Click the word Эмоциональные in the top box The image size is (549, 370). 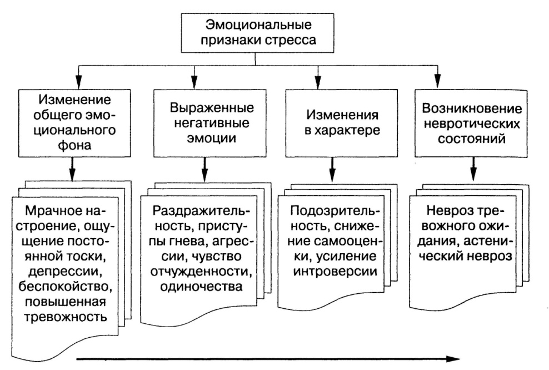coord(258,25)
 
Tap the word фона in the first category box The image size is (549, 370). coord(74,145)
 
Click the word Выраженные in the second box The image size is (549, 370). coord(212,107)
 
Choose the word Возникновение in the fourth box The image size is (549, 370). coord(472,108)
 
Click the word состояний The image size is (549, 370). coord(472,139)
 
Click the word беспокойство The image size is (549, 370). coord(66,287)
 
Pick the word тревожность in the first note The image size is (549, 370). coord(66,317)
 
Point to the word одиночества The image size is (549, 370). coord(201,286)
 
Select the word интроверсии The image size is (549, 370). coord(335,272)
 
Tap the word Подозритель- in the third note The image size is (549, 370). coord(335,211)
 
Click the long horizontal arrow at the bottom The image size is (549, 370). coord(268,359)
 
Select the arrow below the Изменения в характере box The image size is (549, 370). coord(332,169)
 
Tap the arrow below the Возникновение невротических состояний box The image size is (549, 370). coord(473,169)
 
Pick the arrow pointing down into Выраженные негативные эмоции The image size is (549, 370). coord(194,77)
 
